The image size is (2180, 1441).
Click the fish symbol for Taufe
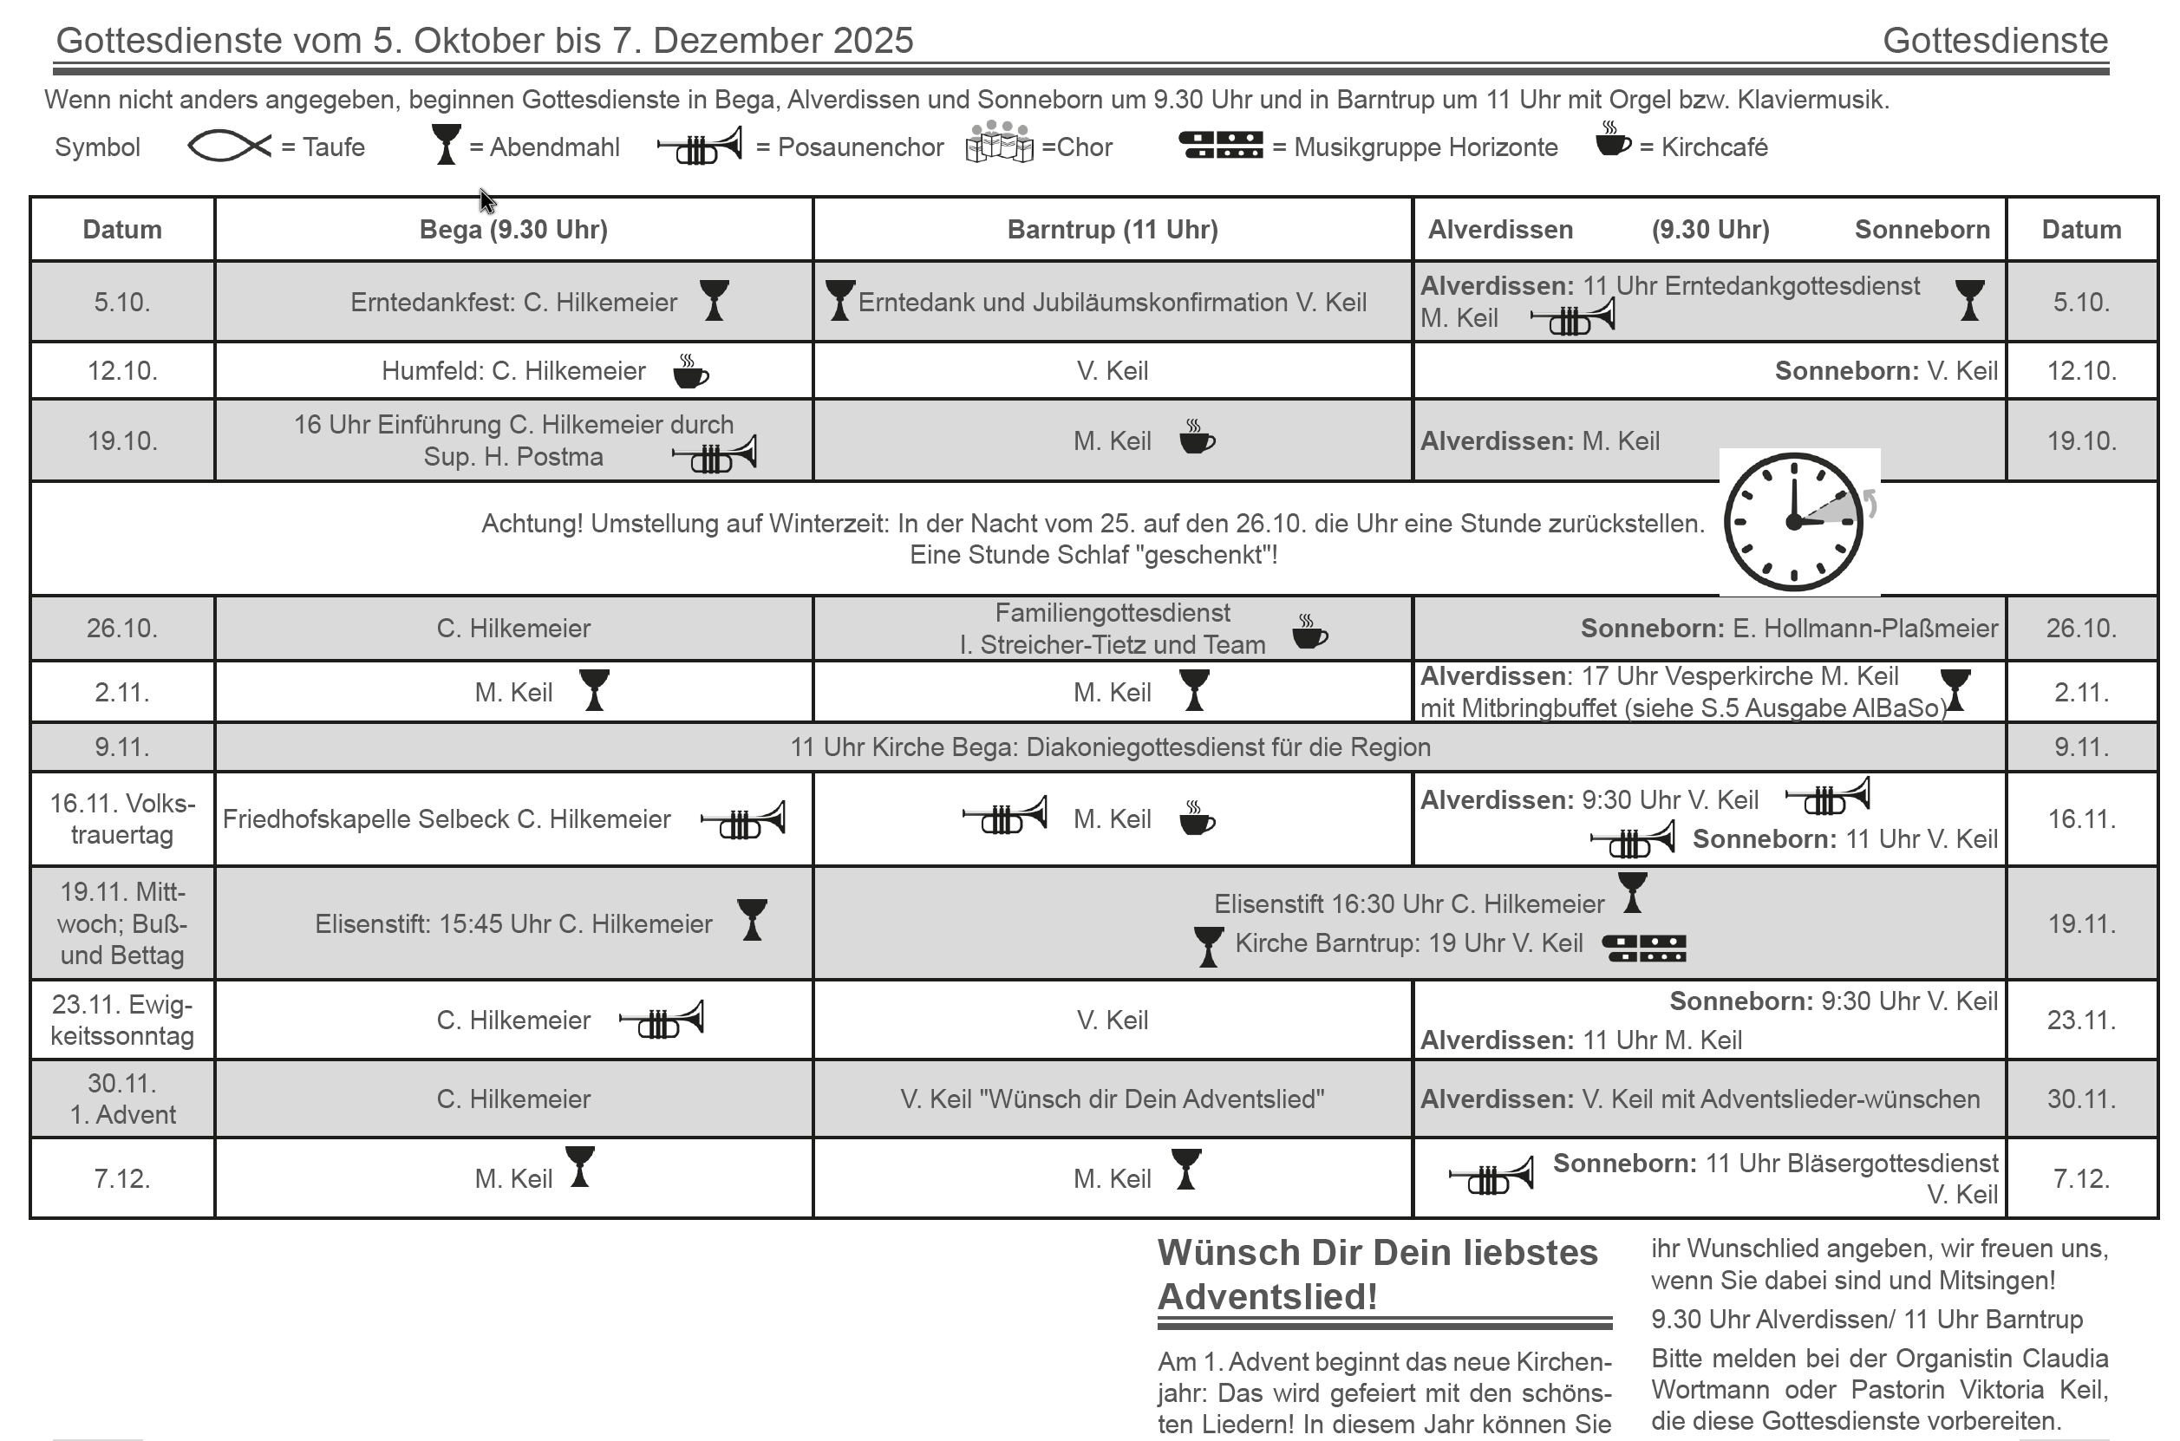[229, 147]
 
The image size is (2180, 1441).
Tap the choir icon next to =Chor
[999, 142]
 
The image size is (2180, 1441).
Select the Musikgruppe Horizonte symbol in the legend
[1221, 145]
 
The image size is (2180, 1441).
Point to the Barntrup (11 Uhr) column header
[1112, 230]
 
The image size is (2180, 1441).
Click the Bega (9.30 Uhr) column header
[512, 230]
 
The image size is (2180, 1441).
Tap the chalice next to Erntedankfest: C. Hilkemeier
[715, 301]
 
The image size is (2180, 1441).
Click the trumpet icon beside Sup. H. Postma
[715, 455]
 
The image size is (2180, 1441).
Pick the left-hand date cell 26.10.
[122, 629]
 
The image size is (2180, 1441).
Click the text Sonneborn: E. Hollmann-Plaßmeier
[1788, 629]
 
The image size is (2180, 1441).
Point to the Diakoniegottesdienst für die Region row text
[1110, 747]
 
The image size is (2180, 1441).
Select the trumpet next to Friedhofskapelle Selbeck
[742, 819]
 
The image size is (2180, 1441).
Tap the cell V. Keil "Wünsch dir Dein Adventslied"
[1112, 1099]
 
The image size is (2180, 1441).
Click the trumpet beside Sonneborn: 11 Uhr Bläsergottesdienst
[1491, 1176]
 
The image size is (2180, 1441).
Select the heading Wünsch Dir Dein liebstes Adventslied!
[1377, 1275]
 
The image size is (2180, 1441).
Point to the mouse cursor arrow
[486, 199]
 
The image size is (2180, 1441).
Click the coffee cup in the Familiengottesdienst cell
[1309, 632]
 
